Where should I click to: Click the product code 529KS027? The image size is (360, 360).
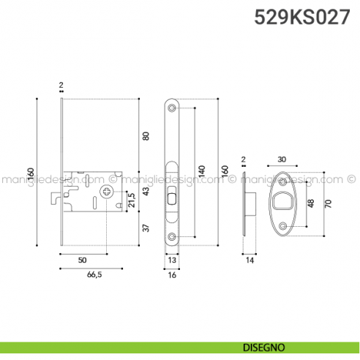pos(301,18)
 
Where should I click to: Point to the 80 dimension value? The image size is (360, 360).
pos(145,136)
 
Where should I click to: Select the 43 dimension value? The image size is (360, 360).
pos(145,191)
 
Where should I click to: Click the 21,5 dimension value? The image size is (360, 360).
pos(132,198)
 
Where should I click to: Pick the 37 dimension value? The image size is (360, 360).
pos(145,229)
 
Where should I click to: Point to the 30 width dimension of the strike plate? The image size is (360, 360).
pos(282,159)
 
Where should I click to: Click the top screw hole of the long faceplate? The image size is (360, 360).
pos(171,108)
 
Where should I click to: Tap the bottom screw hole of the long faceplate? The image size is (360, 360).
pos(171,236)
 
